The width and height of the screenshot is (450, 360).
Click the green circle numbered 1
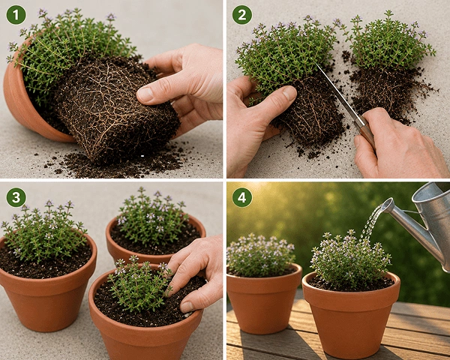(x=16, y=15)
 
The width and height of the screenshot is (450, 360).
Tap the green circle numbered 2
(x=242, y=15)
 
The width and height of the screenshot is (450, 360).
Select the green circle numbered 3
(x=16, y=197)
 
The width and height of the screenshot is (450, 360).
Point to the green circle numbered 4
(x=242, y=197)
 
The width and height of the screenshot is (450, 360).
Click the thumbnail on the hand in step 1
(x=145, y=94)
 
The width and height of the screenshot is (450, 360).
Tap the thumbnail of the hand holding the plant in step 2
(x=289, y=92)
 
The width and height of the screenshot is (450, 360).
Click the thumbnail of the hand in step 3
(x=187, y=307)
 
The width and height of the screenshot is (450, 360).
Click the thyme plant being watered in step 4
(x=350, y=259)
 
